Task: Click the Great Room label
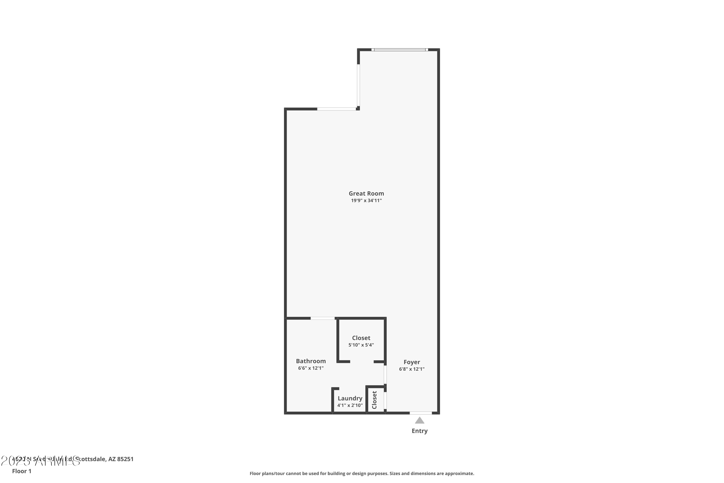coord(366,193)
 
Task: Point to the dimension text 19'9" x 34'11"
coord(366,200)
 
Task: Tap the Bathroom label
coord(311,361)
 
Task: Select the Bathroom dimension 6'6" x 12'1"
coord(311,368)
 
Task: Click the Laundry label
coord(350,398)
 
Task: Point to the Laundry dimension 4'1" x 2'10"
coord(350,405)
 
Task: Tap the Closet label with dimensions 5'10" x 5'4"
coord(361,338)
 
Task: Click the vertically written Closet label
coord(375,400)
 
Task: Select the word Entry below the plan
coord(420,431)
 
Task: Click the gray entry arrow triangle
coord(420,420)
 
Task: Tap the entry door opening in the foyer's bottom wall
coord(421,413)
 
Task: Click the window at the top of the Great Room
coord(400,50)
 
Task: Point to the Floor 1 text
coord(21,471)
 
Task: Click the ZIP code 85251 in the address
coord(125,459)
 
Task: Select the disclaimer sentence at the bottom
coord(362,473)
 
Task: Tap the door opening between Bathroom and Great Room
coord(323,318)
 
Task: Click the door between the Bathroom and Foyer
coord(385,375)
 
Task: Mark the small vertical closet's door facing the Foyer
coord(385,400)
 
